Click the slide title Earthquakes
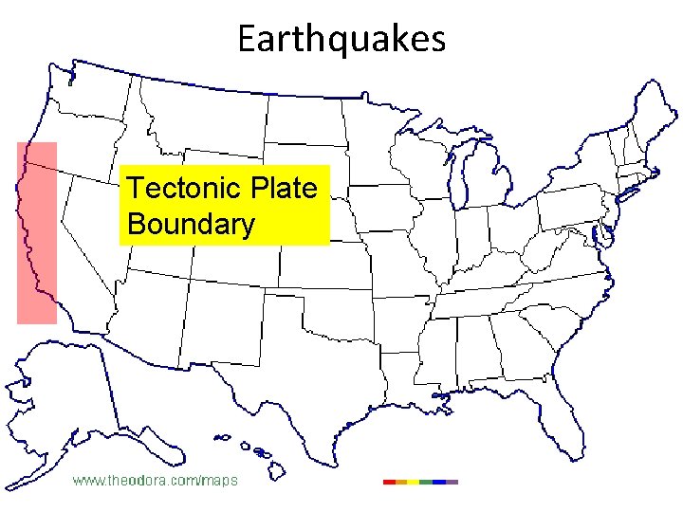341,39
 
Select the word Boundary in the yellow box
191,225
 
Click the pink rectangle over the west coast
37,233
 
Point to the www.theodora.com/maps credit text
156,481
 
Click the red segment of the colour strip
389,482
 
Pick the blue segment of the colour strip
439,482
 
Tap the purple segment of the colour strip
452,482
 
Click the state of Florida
560,398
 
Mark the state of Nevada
90,232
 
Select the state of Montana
209,104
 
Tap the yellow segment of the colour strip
414,482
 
